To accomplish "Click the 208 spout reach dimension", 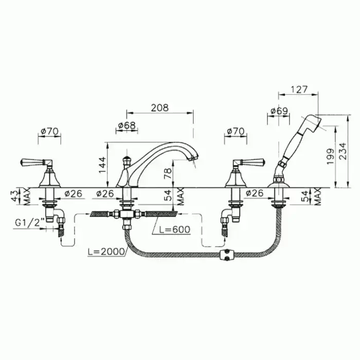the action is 159,107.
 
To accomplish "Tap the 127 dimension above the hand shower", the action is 299,89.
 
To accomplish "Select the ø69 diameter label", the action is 279,111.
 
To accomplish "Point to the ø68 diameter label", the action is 127,125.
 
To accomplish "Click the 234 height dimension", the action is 343,151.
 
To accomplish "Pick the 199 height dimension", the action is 330,156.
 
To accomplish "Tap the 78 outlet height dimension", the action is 168,173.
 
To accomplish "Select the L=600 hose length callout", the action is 175,229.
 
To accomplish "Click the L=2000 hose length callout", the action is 106,251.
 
